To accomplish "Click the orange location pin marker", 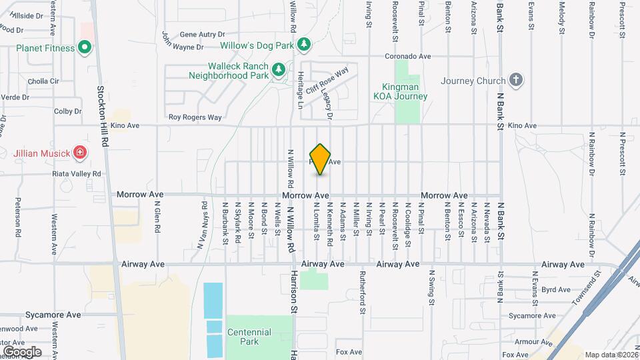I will pos(320,159).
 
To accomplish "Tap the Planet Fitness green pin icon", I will pos(84,47).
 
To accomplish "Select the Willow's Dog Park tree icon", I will pos(304,45).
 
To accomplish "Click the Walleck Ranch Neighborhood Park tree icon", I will pos(278,69).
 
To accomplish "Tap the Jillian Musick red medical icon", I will pos(80,153).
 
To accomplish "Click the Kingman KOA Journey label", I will pos(405,92).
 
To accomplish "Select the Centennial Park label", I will pos(249,337).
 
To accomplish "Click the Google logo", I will pos(22,351).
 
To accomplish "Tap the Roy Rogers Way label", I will pos(195,117).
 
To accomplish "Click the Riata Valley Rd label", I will pos(78,173).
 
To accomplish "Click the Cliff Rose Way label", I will pos(329,83).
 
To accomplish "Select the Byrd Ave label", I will pos(555,290).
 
